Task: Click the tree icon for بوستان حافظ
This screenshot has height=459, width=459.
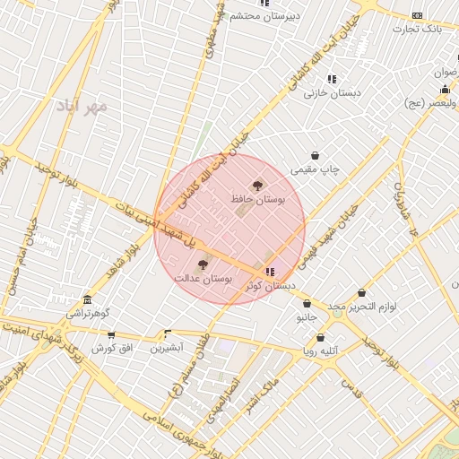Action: point(258,186)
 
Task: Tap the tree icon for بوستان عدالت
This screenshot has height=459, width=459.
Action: point(202,264)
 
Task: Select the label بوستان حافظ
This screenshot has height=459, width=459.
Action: point(258,200)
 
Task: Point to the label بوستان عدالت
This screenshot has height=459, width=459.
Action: point(204,280)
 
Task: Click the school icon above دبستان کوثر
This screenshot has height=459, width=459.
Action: point(271,271)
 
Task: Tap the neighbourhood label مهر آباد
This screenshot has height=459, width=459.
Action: point(82,107)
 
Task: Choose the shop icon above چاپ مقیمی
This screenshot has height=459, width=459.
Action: point(315,155)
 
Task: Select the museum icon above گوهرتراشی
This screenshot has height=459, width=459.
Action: point(87,299)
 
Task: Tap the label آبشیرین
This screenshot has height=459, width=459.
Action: point(167,346)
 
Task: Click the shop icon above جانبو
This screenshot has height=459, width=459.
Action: point(307,303)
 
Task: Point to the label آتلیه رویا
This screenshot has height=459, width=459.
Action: point(321,352)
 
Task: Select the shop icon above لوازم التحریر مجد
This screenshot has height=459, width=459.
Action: point(362,293)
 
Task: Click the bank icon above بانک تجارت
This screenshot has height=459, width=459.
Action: point(417,15)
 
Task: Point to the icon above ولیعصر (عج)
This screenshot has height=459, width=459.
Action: point(446,90)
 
